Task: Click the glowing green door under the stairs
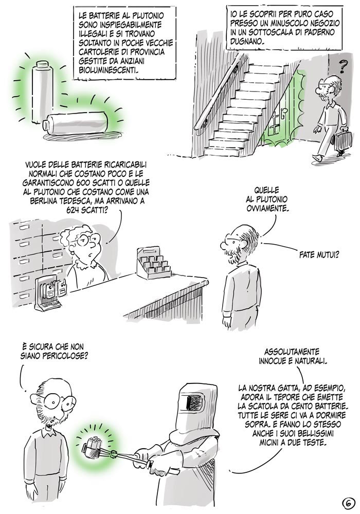pos(281,111)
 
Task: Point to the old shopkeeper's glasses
pos(86,240)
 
